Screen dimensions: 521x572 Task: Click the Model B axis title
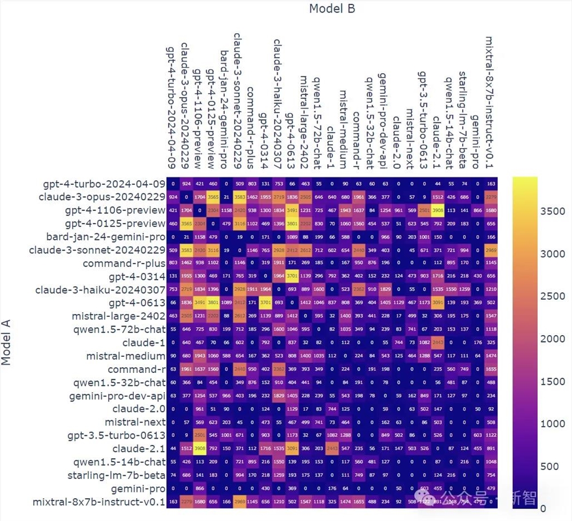coord(332,9)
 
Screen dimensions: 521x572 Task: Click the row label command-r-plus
coord(124,263)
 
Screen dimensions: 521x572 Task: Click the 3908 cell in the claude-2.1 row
coord(198,448)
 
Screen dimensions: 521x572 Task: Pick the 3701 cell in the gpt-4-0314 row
coord(291,276)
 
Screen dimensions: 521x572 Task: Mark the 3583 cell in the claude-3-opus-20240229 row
coord(239,197)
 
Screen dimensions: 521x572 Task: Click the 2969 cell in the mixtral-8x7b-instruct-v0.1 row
coord(239,502)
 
